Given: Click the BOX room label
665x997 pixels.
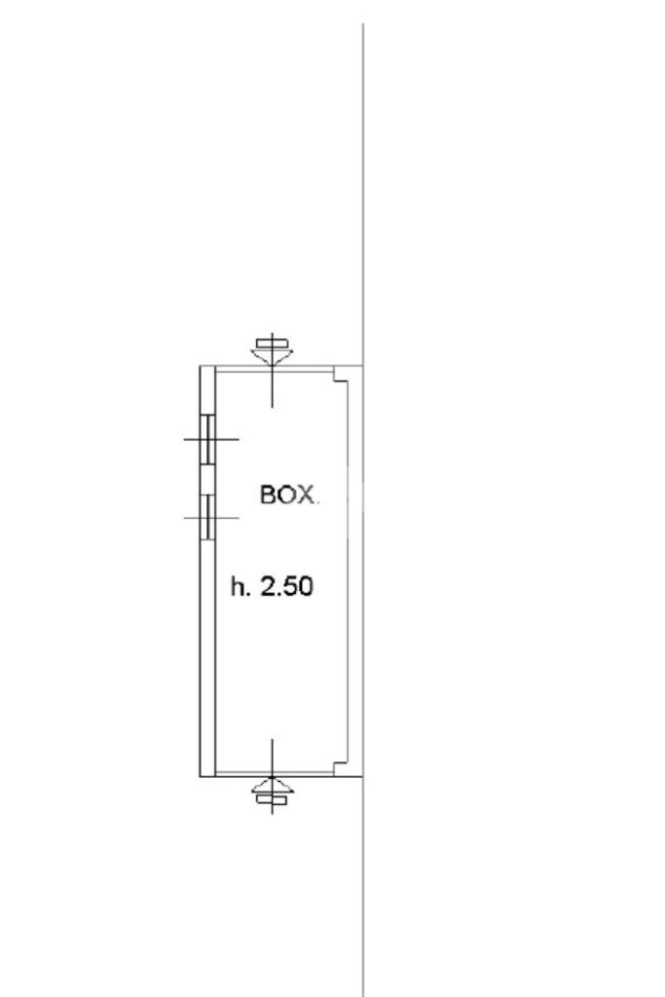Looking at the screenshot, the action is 287,495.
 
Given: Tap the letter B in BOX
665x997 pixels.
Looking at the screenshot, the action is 268,495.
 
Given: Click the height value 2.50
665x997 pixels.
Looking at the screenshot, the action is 287,586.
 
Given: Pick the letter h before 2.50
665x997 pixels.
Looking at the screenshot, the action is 238,586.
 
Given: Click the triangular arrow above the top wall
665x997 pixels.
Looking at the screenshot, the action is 273,356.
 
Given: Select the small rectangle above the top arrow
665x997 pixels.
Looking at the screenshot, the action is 273,345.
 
